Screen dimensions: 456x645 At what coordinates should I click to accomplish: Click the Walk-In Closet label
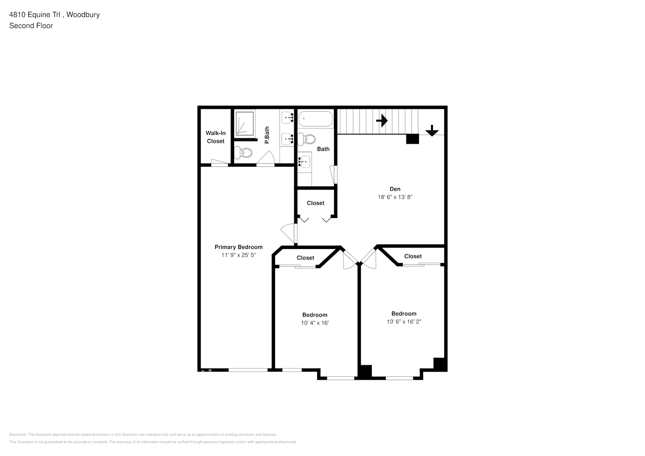coord(216,137)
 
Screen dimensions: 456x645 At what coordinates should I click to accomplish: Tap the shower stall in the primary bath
coord(245,123)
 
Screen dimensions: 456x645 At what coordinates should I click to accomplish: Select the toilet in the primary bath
coord(243,152)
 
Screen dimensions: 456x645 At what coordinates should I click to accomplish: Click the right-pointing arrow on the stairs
coord(382,121)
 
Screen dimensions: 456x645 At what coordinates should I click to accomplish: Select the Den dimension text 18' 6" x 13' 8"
coord(395,197)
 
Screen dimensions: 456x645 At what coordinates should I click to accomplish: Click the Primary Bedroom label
coord(239,247)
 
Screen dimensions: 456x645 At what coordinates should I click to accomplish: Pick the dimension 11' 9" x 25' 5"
coord(239,255)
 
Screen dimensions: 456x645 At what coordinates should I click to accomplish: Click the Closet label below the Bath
coord(316,203)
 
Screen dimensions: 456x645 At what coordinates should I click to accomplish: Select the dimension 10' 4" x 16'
coord(315,323)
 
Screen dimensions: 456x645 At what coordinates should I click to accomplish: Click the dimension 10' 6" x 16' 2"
coord(404,321)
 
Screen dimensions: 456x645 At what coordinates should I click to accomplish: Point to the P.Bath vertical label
coord(267,135)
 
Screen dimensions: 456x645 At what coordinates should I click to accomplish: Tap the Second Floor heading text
coord(31,26)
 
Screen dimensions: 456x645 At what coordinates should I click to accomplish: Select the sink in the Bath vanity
coord(304,161)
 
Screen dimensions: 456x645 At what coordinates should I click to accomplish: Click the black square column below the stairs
coord(412,139)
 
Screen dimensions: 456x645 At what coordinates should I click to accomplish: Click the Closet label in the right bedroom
coord(413,256)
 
